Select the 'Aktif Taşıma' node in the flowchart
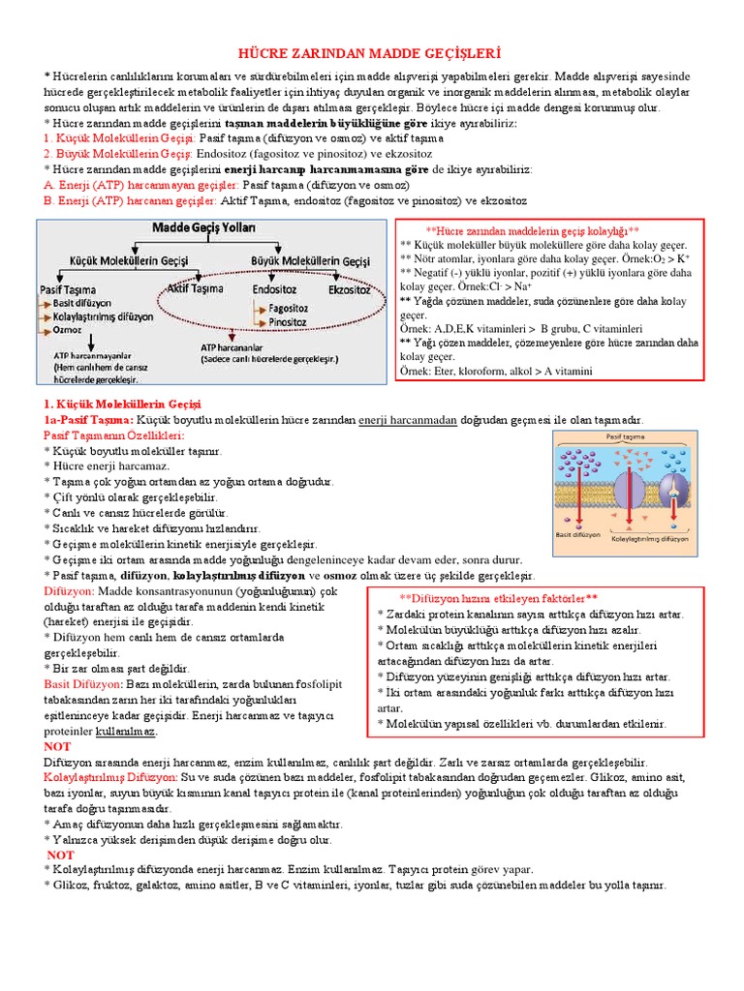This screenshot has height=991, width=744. point(195,288)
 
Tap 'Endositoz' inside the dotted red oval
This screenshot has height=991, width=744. point(274,288)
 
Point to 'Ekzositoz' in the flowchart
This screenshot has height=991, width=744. point(349,288)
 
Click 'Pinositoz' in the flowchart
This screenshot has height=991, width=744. point(287,321)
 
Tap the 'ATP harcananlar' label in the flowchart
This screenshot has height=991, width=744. point(232,346)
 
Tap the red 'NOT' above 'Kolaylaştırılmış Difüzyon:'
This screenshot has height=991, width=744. point(58,747)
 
